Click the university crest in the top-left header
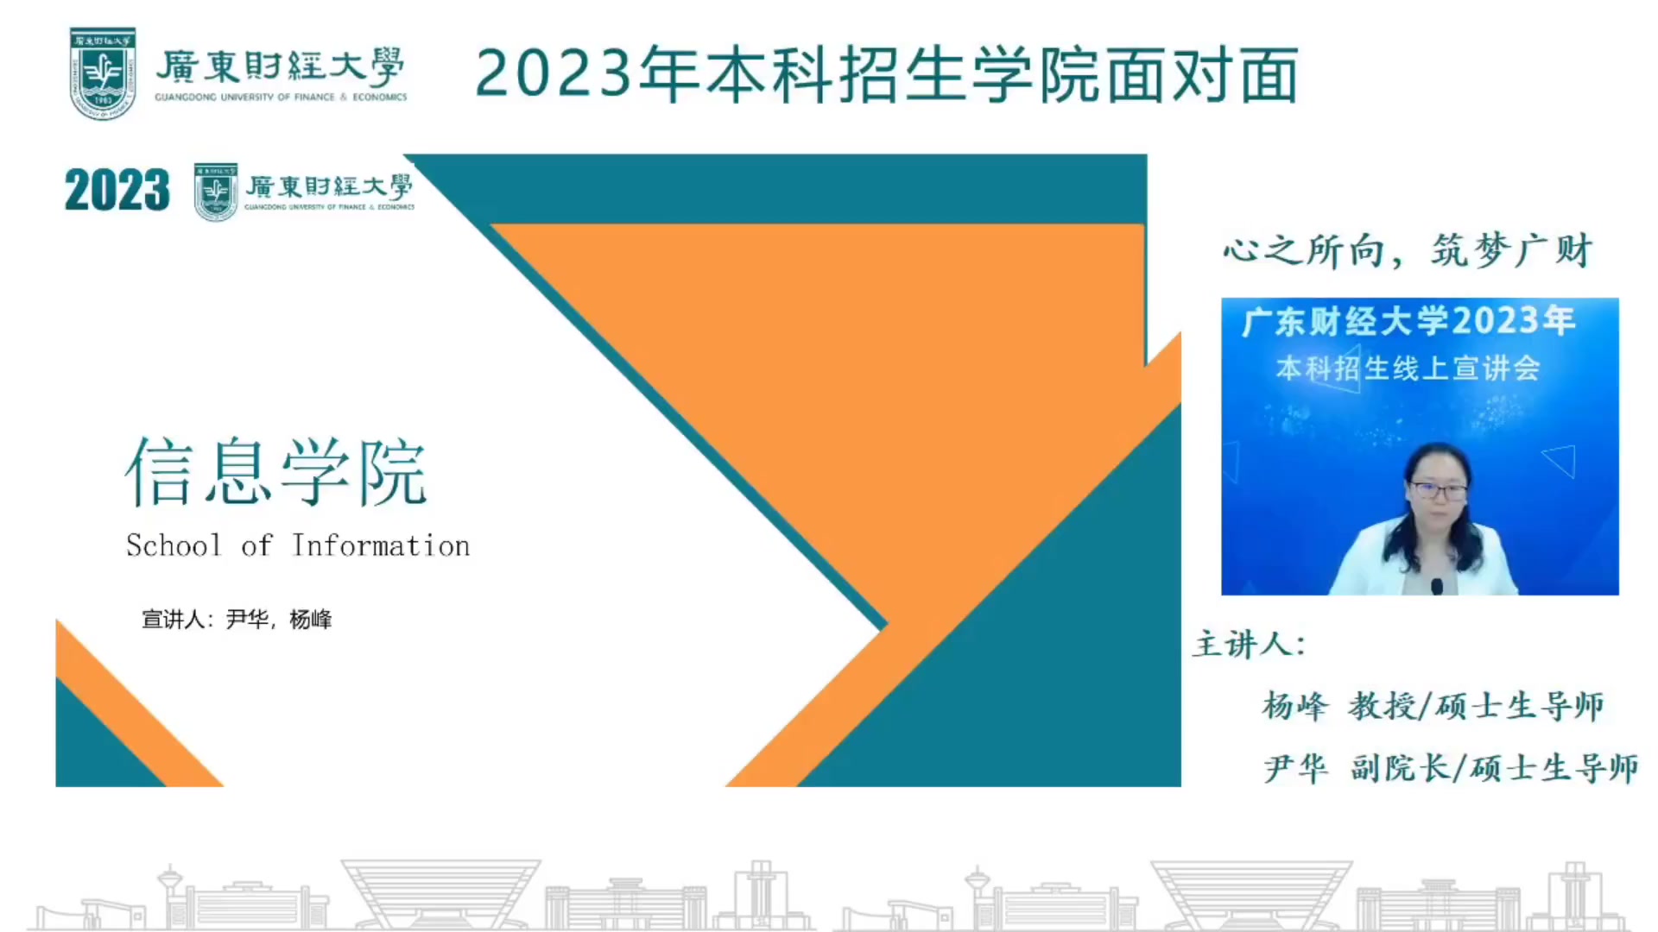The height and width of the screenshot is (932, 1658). tap(103, 73)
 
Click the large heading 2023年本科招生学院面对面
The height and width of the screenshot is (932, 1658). tap(887, 74)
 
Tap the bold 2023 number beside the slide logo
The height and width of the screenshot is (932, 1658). tap(117, 190)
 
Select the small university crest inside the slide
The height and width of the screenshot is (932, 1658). tap(216, 192)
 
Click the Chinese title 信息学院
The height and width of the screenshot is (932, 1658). tap(276, 471)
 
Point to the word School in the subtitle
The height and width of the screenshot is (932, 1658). tap(174, 545)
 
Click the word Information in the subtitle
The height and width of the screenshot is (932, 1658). tap(381, 545)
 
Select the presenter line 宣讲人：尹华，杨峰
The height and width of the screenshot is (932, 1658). tap(237, 620)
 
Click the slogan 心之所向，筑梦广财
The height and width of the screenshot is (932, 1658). tap(1408, 250)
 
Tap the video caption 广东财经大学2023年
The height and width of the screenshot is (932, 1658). tap(1409, 321)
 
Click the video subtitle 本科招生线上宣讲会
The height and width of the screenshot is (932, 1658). tap(1408, 368)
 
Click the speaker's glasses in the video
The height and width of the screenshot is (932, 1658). tap(1439, 491)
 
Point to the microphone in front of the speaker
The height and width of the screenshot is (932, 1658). tap(1437, 587)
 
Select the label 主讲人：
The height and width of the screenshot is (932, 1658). tap(1250, 644)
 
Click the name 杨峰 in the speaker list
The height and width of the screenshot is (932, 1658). tap(1294, 706)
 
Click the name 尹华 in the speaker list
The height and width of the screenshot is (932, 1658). tap(1295, 768)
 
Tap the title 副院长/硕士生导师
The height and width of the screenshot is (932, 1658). tap(1495, 768)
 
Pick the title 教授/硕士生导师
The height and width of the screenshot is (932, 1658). tap(1476, 706)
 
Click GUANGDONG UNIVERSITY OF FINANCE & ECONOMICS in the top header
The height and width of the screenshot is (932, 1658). tap(281, 98)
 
